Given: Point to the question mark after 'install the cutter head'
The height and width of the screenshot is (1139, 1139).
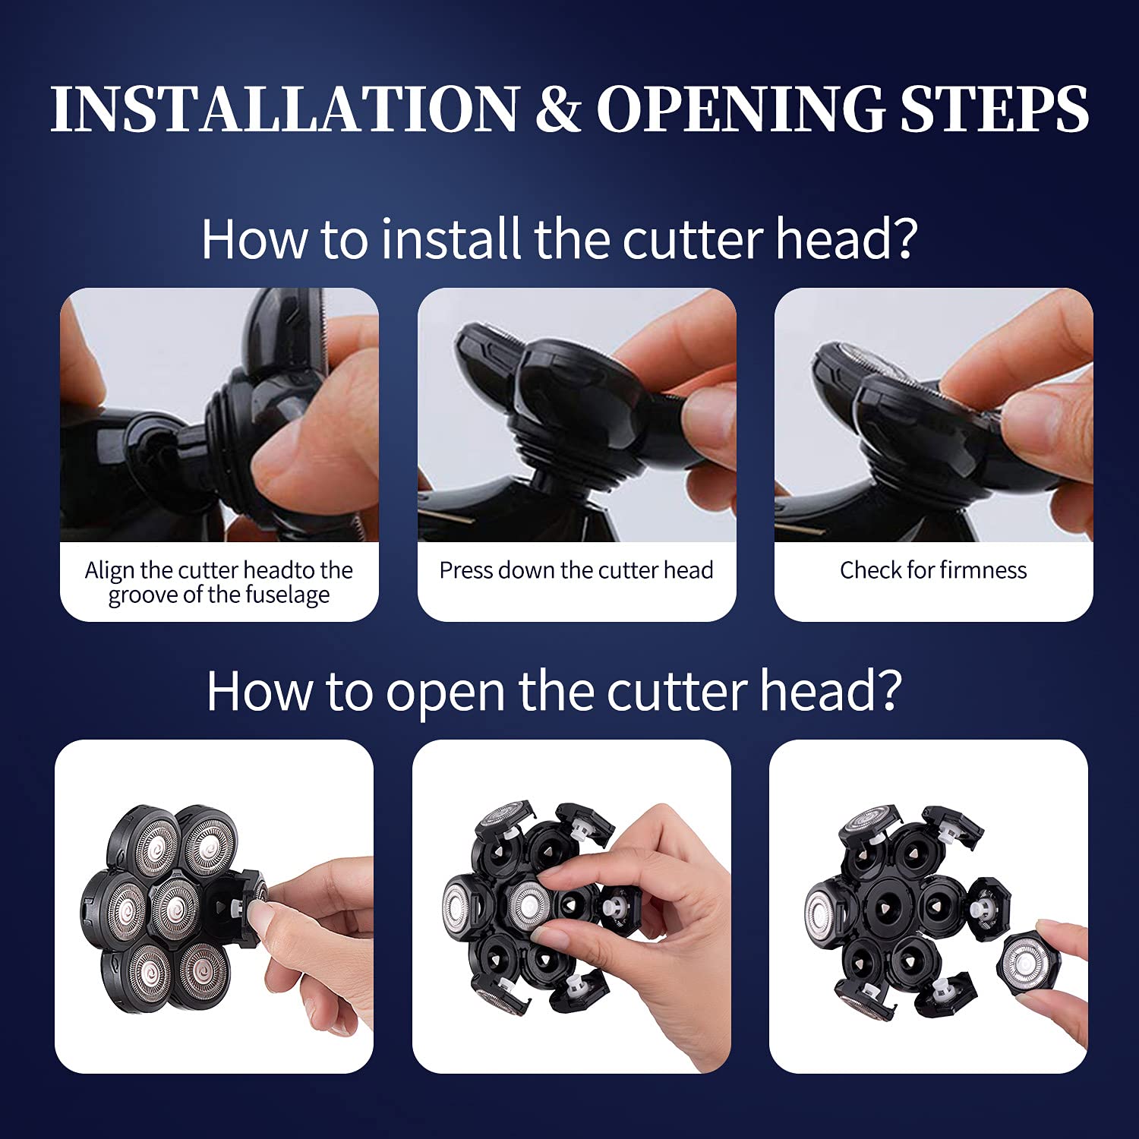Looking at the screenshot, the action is (904, 239).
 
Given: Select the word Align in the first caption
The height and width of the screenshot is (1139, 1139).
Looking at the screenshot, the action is (109, 570).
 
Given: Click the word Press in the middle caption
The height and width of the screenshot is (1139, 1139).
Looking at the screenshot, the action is (465, 570).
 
